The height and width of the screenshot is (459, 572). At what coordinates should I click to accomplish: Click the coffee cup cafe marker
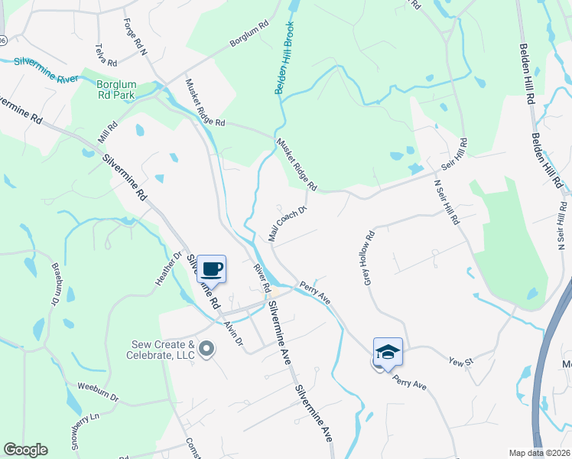212,269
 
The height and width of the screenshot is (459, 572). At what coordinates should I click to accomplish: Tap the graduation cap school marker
388,353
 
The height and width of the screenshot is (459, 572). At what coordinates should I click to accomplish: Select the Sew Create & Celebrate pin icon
206,350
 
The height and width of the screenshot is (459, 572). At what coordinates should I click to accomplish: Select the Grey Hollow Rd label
369,256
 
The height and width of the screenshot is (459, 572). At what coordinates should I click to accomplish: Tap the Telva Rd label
104,54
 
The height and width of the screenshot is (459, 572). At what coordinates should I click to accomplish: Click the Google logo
25,450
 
